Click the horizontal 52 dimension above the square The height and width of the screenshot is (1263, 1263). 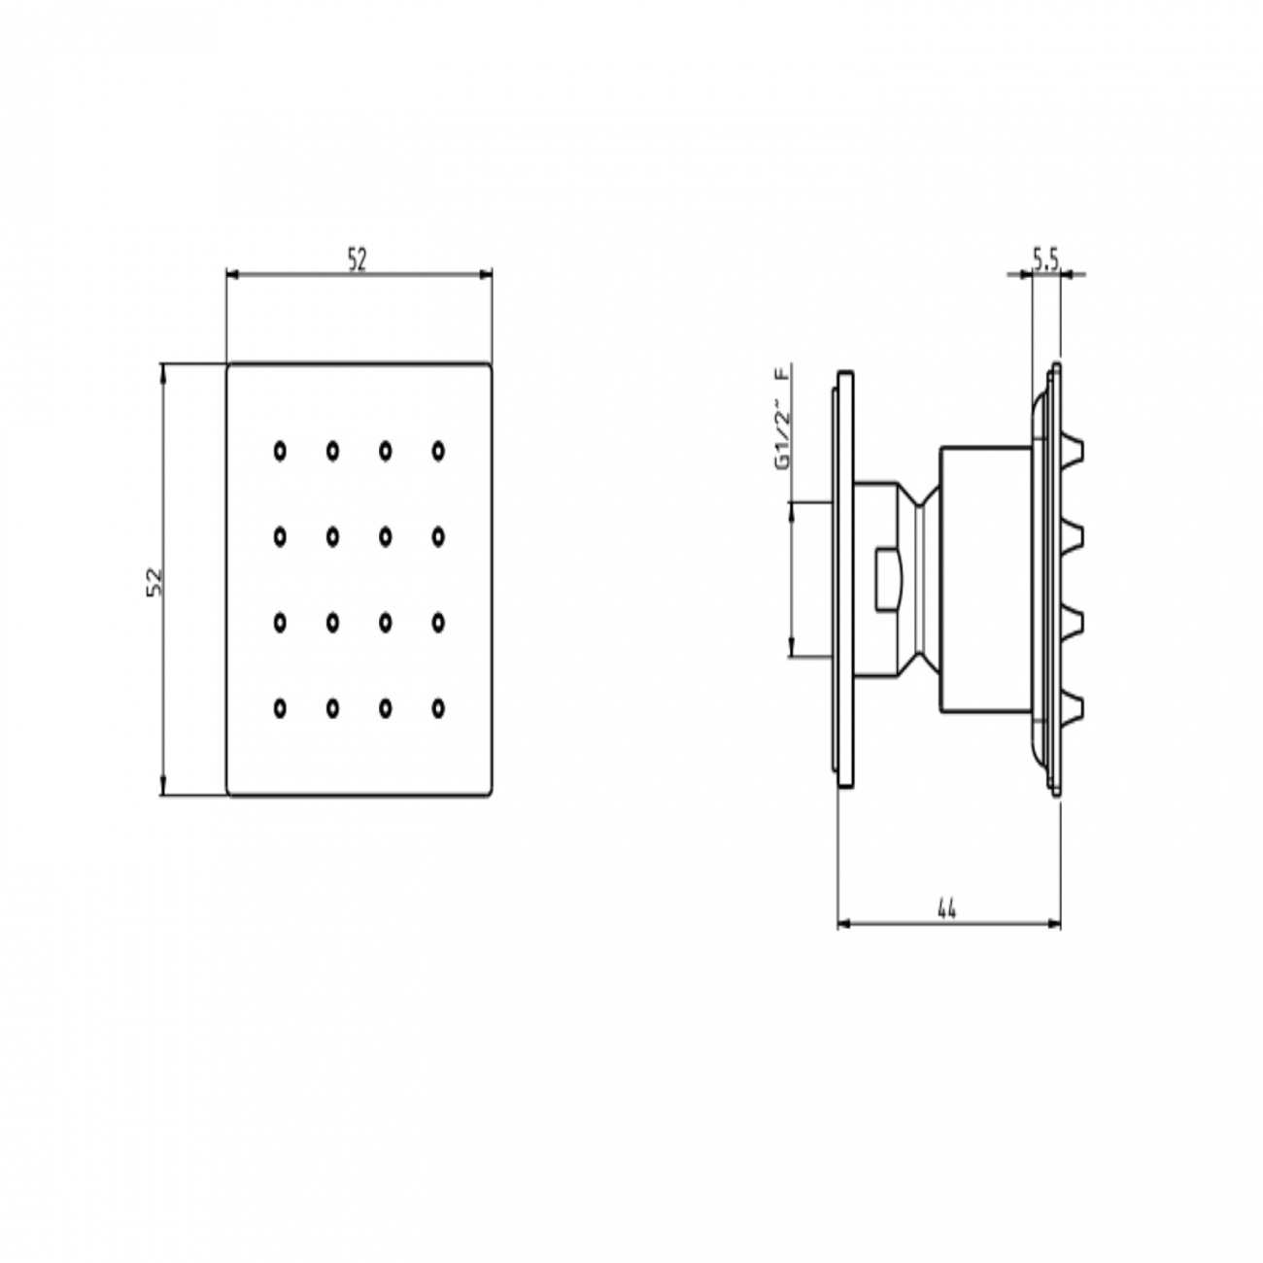[358, 260]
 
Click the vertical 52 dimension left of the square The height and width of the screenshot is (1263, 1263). [153, 580]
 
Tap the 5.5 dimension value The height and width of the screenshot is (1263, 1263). [1045, 259]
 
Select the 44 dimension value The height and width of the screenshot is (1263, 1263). [947, 909]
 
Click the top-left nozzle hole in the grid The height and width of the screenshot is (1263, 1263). [280, 450]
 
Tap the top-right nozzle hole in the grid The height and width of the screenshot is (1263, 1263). [438, 450]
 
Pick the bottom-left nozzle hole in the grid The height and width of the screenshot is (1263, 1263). [280, 709]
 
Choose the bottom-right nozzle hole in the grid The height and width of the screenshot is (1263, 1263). [438, 709]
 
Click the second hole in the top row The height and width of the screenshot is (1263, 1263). [332, 450]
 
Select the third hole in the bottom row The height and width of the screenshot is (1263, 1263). [386, 709]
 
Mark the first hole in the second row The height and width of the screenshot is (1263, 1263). [280, 535]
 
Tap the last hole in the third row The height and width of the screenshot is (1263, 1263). [438, 622]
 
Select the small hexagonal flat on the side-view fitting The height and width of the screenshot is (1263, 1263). [888, 580]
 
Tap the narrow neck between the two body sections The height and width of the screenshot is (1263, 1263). [922, 580]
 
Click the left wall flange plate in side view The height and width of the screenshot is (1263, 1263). [845, 580]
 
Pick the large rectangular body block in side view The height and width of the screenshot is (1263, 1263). [984, 580]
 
